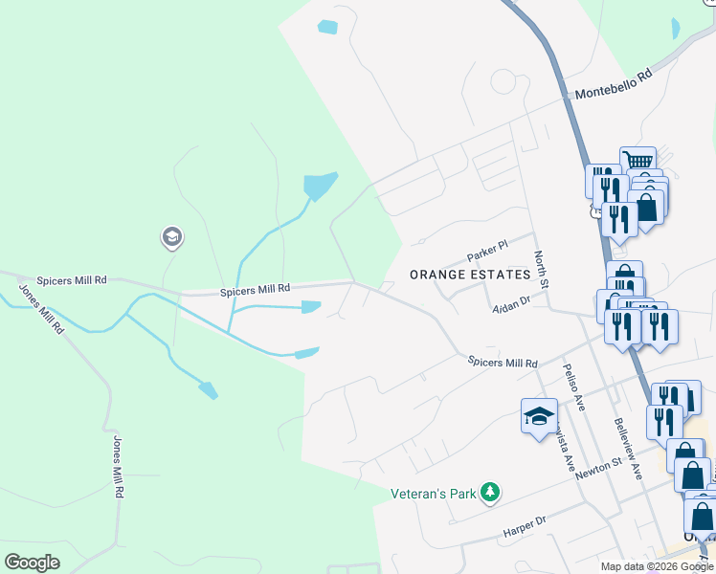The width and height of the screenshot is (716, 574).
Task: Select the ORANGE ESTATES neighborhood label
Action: pyautogui.click(x=469, y=275)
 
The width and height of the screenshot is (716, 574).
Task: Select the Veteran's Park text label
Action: pyautogui.click(x=434, y=495)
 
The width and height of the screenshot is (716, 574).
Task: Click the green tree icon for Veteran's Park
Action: pyautogui.click(x=490, y=493)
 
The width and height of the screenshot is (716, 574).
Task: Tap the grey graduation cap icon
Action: pyautogui.click(x=172, y=237)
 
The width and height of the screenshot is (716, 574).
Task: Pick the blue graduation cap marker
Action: pyautogui.click(x=539, y=415)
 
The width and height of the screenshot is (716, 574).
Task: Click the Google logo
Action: pyautogui.click(x=33, y=562)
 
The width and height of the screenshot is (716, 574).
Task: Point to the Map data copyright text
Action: pyautogui.click(x=656, y=566)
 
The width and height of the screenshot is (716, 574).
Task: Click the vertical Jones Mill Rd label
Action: pyautogui.click(x=119, y=466)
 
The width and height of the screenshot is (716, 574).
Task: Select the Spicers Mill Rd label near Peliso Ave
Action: pyautogui.click(x=503, y=363)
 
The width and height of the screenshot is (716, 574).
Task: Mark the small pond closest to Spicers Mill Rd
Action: pyautogui.click(x=311, y=307)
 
